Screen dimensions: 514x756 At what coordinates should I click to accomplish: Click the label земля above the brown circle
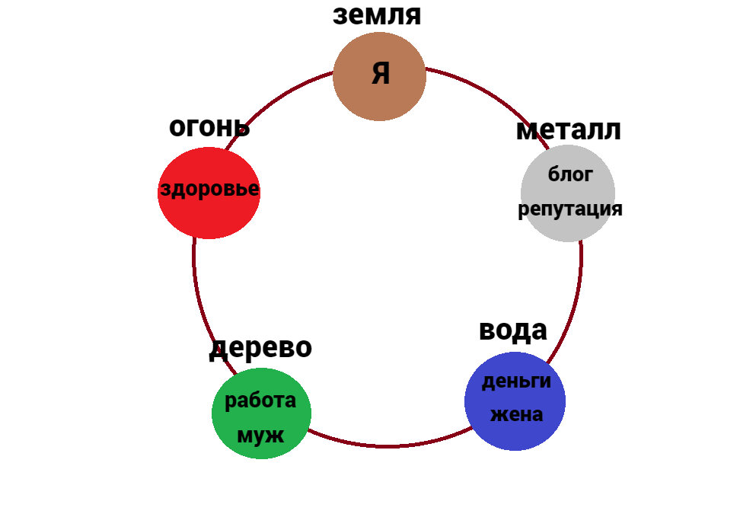(377, 15)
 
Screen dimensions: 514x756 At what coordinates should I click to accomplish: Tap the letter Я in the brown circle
(381, 74)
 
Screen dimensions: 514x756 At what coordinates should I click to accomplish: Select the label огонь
(209, 127)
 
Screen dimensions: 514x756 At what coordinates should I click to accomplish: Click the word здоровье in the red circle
(209, 190)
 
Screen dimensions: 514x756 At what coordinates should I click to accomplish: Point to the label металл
(568, 129)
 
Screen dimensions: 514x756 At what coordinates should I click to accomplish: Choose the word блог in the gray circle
(570, 174)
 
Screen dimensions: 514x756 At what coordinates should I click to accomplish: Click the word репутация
(570, 209)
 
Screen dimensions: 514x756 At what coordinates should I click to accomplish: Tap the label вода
(512, 330)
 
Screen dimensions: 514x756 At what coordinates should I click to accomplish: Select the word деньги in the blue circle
(516, 381)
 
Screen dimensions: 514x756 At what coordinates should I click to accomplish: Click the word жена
(516, 415)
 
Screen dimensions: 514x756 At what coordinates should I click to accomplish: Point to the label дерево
(260, 347)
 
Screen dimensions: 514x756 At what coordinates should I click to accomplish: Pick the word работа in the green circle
(260, 401)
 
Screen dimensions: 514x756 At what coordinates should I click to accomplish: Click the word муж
(260, 436)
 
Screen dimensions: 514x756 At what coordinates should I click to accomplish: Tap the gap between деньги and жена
(515, 398)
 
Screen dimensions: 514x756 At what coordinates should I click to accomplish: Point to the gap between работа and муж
(260, 418)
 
